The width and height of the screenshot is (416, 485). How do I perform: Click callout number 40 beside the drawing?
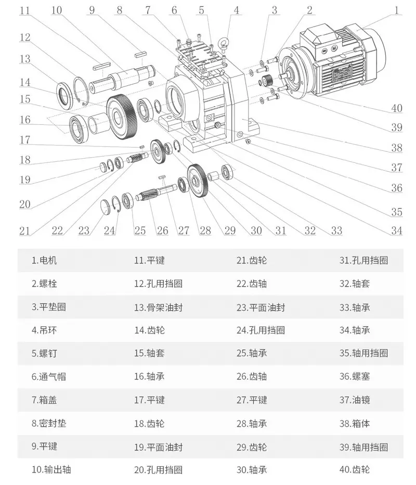[397, 108]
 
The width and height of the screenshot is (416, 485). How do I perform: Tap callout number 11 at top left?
[25, 10]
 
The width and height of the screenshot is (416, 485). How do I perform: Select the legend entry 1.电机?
[44, 260]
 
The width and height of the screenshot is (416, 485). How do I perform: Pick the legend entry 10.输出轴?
[51, 469]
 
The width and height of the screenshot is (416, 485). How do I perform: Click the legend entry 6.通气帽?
[49, 376]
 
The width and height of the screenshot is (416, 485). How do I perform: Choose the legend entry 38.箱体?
[355, 423]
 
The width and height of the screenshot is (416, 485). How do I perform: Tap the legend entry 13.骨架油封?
[158, 307]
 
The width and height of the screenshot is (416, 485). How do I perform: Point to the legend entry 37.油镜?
[355, 400]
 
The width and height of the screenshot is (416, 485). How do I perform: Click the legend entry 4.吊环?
[44, 330]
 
